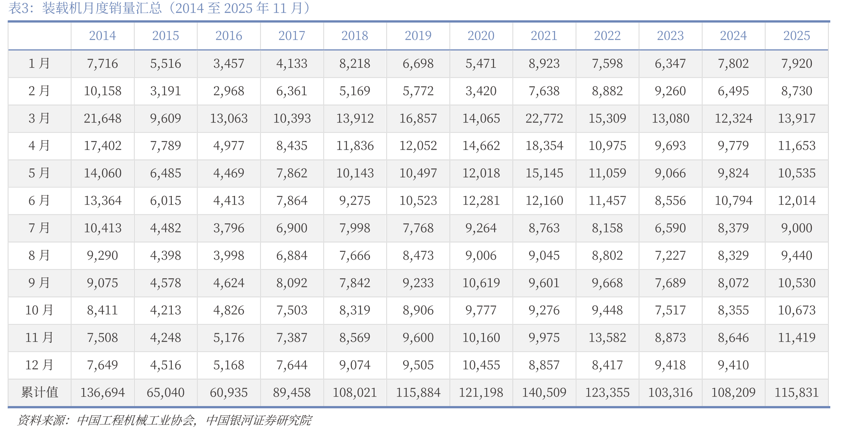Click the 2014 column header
(x=102, y=36)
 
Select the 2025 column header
(x=796, y=36)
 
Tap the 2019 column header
(x=418, y=36)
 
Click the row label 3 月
(x=39, y=118)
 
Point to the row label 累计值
(x=39, y=392)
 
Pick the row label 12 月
(x=39, y=365)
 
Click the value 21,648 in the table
(x=102, y=118)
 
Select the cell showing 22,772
(x=544, y=118)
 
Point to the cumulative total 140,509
(x=544, y=393)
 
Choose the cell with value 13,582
(x=607, y=338)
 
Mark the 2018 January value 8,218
(x=355, y=64)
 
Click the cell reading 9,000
(x=796, y=228)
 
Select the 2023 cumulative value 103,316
(x=670, y=393)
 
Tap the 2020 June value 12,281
(x=481, y=200)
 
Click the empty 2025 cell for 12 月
(x=796, y=365)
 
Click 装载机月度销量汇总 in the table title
(x=102, y=8)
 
